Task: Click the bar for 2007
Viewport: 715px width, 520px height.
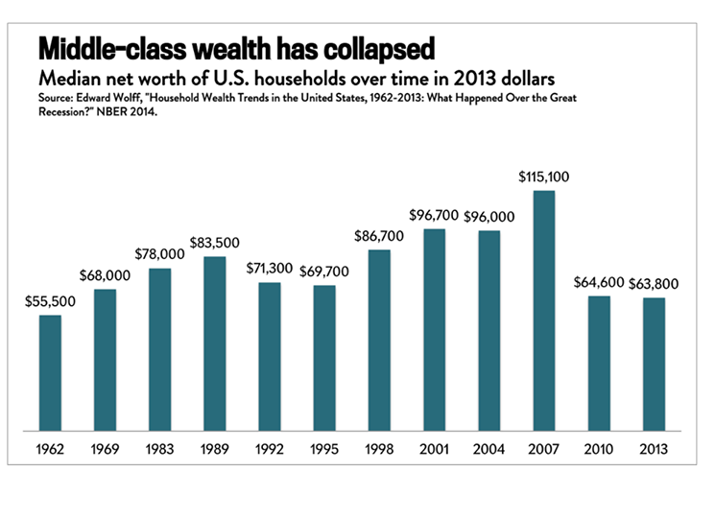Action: coord(544,312)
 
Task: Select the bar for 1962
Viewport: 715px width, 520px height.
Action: coord(50,373)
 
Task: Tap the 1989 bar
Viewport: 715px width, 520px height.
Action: coord(215,344)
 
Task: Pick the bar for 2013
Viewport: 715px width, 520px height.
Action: coord(654,365)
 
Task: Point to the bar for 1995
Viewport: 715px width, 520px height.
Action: coord(324,359)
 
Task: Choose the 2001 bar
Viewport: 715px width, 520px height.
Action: coord(434,330)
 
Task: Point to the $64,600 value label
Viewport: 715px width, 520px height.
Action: coord(598,283)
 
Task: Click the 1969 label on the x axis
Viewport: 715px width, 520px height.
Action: coord(106,448)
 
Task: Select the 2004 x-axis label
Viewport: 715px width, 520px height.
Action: coord(489,448)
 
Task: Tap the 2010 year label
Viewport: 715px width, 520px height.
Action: coord(599,448)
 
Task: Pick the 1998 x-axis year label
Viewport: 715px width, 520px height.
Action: coord(379,448)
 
